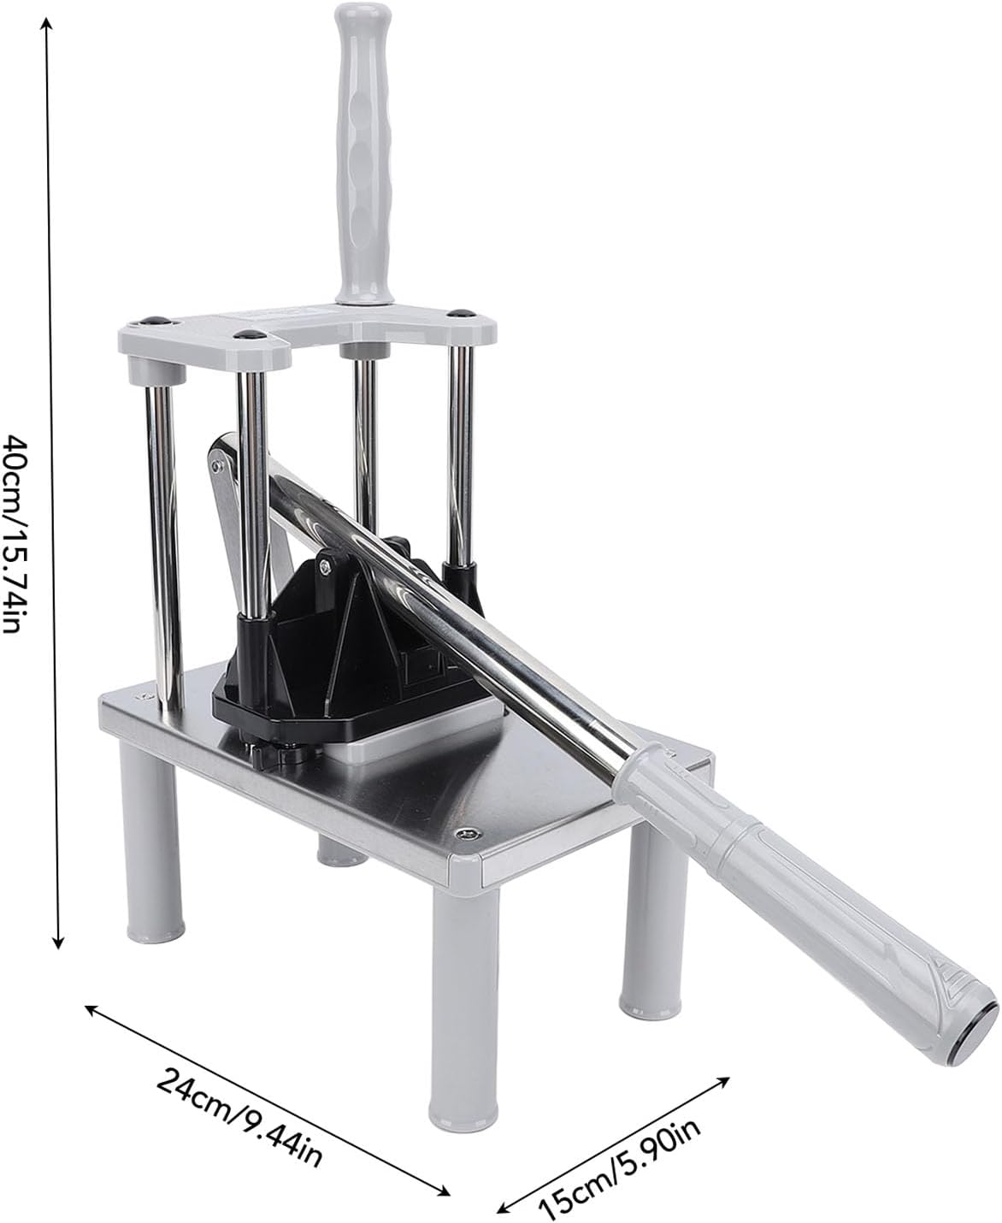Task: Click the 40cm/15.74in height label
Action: [x=19, y=534]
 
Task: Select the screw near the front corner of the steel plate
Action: [x=464, y=834]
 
